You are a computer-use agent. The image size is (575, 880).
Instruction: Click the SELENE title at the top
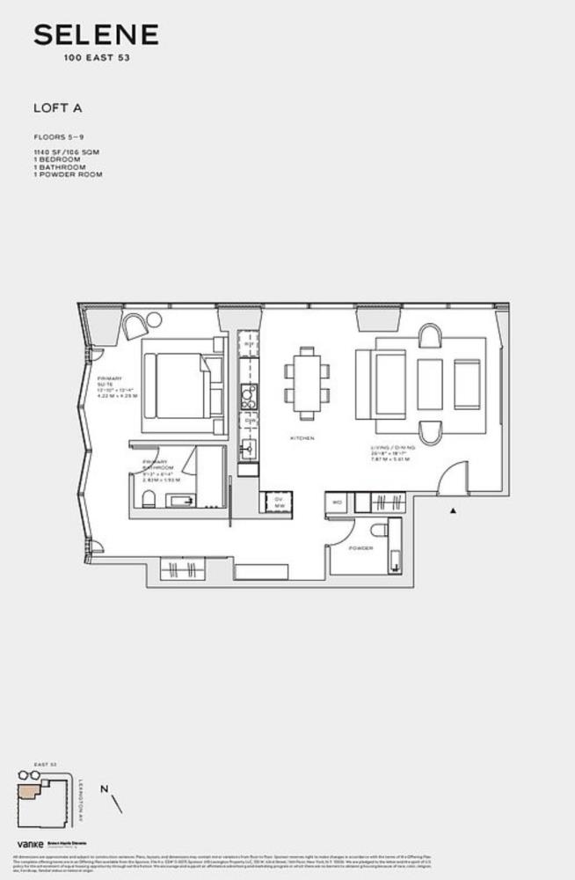[96, 35]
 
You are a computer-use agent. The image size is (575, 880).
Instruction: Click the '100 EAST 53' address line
[96, 58]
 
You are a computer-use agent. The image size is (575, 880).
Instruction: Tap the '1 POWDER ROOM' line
[68, 174]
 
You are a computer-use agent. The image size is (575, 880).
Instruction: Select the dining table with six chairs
[306, 384]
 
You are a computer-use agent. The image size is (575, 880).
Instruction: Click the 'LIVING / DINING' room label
[393, 448]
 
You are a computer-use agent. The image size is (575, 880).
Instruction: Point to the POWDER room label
[360, 548]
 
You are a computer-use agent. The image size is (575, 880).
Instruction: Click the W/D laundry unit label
[336, 503]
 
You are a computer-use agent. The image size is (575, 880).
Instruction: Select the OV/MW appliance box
[278, 502]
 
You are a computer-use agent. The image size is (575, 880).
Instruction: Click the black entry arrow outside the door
[454, 510]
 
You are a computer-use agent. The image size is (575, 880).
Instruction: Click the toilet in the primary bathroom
[149, 502]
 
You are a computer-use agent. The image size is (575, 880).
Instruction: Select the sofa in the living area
[381, 384]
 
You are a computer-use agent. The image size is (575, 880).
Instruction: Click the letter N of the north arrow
[105, 789]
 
